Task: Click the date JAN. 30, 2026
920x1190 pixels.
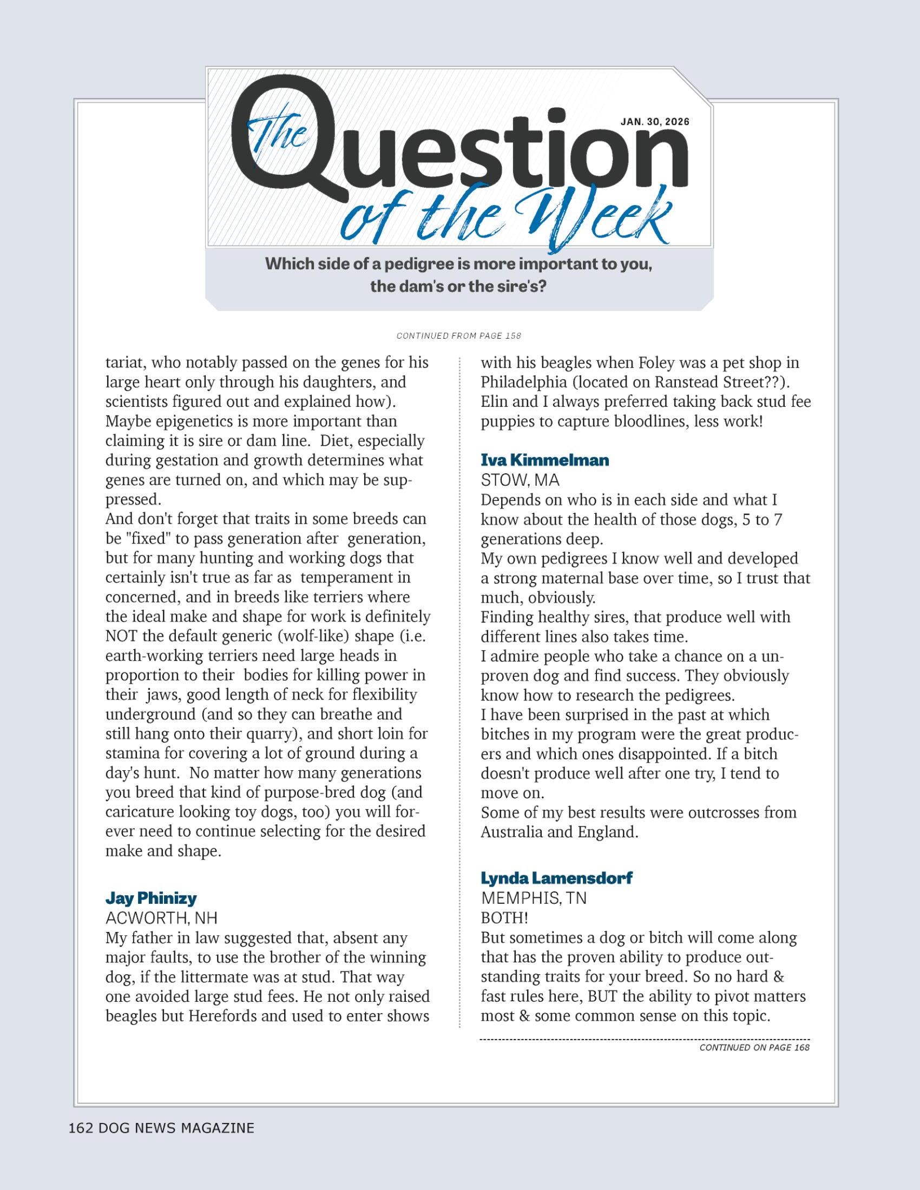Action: click(x=655, y=122)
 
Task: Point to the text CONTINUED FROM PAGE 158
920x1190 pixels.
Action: click(x=459, y=336)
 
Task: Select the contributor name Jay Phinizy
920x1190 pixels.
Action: click(x=151, y=898)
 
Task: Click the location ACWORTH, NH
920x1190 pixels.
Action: click(x=161, y=918)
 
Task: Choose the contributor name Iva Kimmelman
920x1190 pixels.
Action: click(x=544, y=460)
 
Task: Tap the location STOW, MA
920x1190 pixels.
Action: click(x=520, y=480)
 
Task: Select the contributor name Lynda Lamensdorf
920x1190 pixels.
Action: click(x=556, y=878)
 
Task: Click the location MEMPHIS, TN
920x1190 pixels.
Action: click(x=533, y=898)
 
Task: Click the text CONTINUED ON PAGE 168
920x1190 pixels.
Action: click(x=754, y=1047)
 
